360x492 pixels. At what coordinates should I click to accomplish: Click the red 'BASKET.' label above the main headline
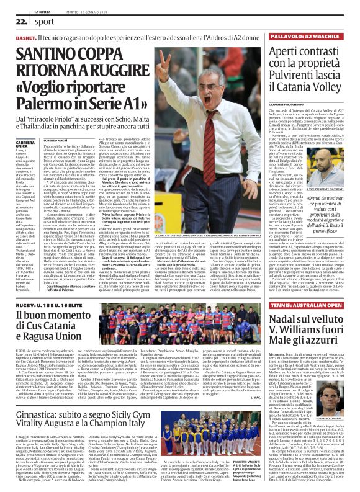(x=27, y=38)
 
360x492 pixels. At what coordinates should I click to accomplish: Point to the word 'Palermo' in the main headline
(x=49, y=99)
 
